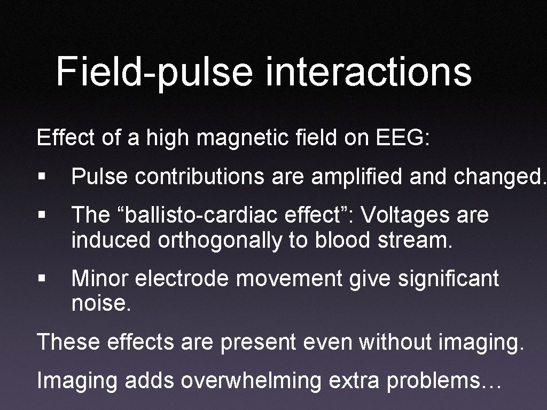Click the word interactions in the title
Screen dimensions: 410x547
(368, 72)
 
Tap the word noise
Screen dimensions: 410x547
(101, 304)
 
